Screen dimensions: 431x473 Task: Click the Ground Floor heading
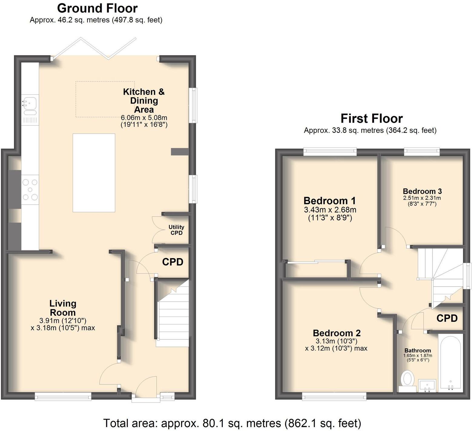pos(97,8)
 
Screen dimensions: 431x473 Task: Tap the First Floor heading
pos(371,118)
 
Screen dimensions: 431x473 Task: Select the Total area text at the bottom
pos(232,423)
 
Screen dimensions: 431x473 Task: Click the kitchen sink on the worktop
pos(30,104)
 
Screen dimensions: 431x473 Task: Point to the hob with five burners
pos(30,190)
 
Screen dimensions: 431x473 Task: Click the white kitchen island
pos(94,173)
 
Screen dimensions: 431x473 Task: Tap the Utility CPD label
pos(176,230)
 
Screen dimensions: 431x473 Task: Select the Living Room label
pos(63,308)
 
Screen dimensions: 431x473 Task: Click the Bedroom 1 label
pos(330,201)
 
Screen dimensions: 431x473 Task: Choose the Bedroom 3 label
pos(422,191)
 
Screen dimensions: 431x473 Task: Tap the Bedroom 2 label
pos(337,333)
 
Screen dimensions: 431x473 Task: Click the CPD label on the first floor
pos(447,318)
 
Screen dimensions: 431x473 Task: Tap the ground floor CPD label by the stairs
pos(172,262)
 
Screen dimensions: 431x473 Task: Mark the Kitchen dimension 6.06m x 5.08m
pos(144,117)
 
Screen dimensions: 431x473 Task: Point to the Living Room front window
pos(63,396)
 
